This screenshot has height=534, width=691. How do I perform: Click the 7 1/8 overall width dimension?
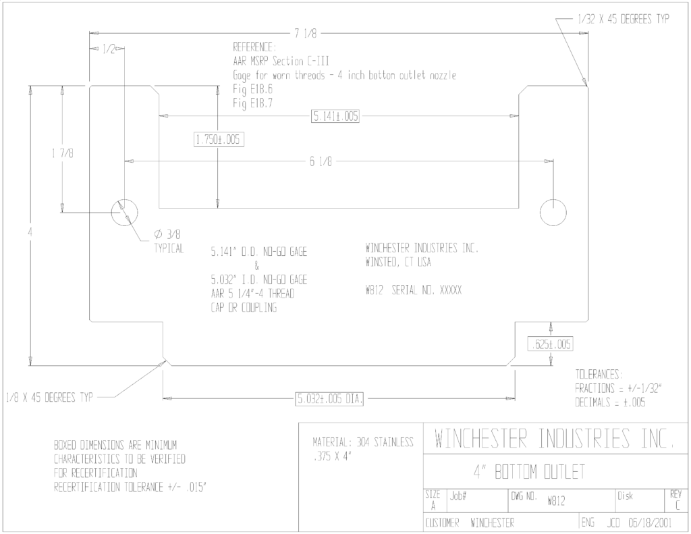(x=306, y=34)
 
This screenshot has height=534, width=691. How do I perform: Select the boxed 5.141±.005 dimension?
(x=335, y=116)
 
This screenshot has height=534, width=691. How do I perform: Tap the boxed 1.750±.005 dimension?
(x=219, y=140)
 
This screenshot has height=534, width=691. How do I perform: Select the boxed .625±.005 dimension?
(x=551, y=344)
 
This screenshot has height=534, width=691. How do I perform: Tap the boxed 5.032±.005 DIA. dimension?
(x=329, y=400)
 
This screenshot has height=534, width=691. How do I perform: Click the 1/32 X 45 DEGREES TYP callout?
(x=623, y=19)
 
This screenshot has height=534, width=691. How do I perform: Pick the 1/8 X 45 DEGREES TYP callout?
(x=49, y=398)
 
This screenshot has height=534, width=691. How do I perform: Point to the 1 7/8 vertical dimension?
(x=63, y=153)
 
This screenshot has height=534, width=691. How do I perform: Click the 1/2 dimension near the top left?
(x=109, y=49)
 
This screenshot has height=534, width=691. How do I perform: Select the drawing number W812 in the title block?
(x=556, y=501)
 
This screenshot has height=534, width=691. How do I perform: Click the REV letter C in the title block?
(x=678, y=505)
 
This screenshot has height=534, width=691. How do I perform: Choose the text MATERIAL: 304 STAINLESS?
(x=363, y=442)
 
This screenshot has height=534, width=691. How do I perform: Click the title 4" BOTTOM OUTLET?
(x=529, y=472)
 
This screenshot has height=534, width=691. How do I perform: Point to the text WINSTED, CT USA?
(x=398, y=263)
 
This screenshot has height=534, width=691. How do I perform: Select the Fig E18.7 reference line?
(x=253, y=103)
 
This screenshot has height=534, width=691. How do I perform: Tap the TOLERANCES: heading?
(x=599, y=375)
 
